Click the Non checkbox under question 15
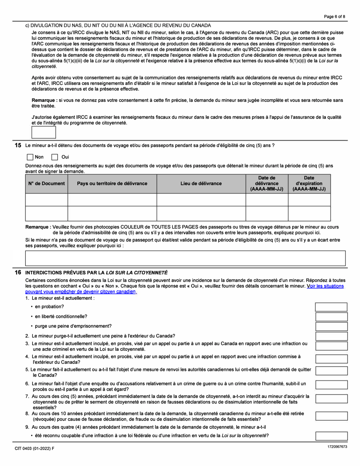[x=30, y=157]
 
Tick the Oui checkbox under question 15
[x=55, y=157]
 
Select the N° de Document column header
[x=46, y=183]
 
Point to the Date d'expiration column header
[x=309, y=183]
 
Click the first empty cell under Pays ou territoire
[x=112, y=200]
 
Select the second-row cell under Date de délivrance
[x=267, y=214]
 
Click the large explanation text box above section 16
[x=185, y=258]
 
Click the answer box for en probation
[x=331, y=306]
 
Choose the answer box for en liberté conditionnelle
[x=331, y=316]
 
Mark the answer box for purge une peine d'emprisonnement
[x=331, y=326]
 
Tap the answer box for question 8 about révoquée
[x=331, y=416]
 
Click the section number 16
[x=18, y=273]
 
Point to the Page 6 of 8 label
[x=335, y=16]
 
